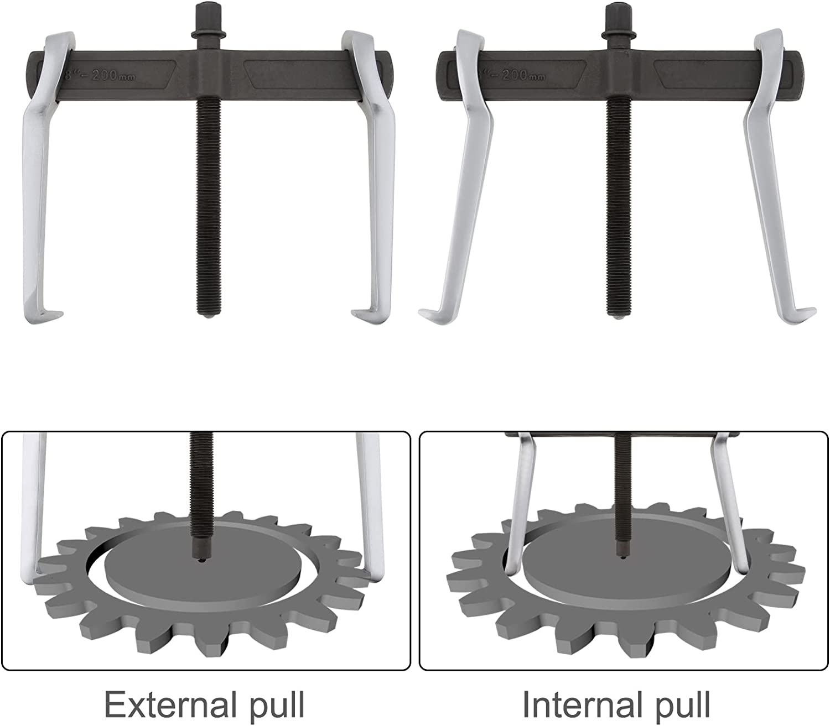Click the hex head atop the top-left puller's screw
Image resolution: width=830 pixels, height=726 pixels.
207,14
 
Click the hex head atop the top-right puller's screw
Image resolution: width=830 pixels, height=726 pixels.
618,14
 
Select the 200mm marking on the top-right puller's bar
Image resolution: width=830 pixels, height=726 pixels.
523,75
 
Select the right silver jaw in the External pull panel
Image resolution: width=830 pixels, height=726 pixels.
370,506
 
